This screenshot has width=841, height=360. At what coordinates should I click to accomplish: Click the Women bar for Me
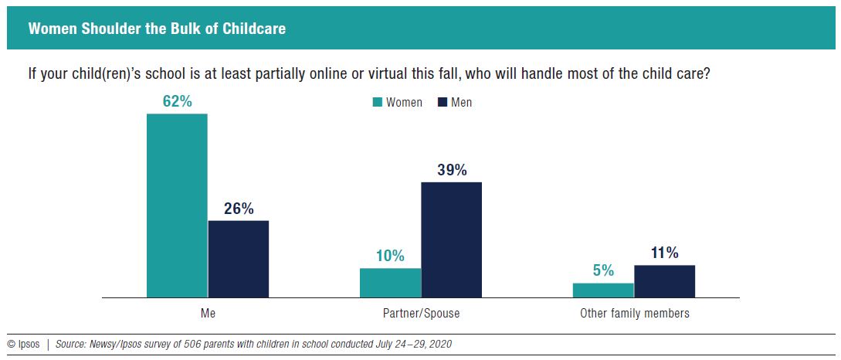click(x=177, y=205)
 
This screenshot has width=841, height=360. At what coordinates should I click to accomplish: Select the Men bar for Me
click(x=239, y=259)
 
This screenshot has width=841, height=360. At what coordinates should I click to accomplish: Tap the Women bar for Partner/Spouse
click(x=390, y=283)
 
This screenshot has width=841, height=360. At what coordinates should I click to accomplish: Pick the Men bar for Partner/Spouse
click(x=451, y=239)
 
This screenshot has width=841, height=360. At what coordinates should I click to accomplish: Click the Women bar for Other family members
click(x=603, y=290)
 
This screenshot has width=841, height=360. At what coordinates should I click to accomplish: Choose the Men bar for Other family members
click(x=664, y=281)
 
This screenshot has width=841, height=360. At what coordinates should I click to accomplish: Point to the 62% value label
click(x=177, y=101)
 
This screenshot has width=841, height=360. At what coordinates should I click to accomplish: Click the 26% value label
click(x=239, y=209)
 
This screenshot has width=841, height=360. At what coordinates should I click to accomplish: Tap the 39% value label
click(x=451, y=170)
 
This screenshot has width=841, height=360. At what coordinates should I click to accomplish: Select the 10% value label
click(x=390, y=256)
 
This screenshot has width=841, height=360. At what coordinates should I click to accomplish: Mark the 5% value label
click(x=603, y=270)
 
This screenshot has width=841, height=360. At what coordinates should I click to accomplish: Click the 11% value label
click(x=664, y=253)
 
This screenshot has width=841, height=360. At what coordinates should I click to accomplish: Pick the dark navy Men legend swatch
click(x=443, y=103)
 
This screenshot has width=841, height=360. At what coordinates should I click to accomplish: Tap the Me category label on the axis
click(x=207, y=314)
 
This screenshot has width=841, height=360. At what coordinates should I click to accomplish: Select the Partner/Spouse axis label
click(x=421, y=314)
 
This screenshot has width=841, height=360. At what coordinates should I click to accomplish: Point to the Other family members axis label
click(x=634, y=314)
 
